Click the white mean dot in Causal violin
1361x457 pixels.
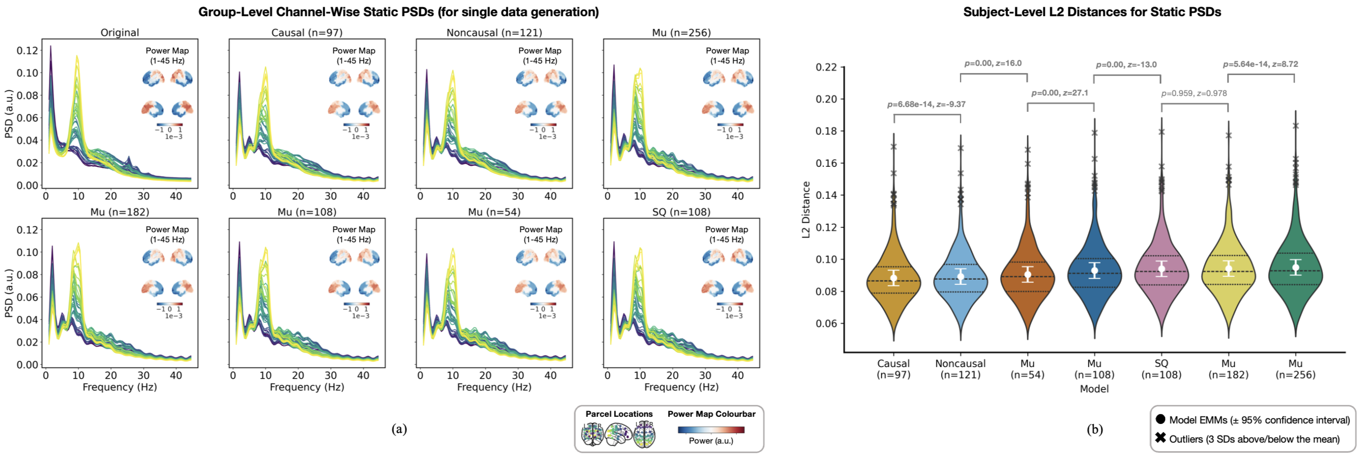point(893,278)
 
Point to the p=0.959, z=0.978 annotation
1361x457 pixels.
point(1194,94)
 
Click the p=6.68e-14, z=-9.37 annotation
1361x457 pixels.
point(926,105)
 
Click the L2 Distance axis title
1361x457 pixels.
point(806,210)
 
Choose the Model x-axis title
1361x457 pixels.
point(1094,389)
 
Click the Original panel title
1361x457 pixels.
point(120,33)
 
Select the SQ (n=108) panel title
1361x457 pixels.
point(681,212)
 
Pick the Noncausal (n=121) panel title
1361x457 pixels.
point(494,33)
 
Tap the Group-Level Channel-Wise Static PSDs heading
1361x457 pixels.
point(398,12)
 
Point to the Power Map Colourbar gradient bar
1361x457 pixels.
point(711,430)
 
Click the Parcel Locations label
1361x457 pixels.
point(619,414)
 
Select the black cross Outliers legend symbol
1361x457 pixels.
point(1160,438)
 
